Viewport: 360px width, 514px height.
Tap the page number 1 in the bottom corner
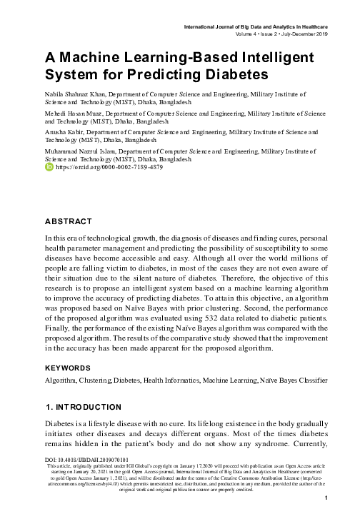(x=326, y=498)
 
